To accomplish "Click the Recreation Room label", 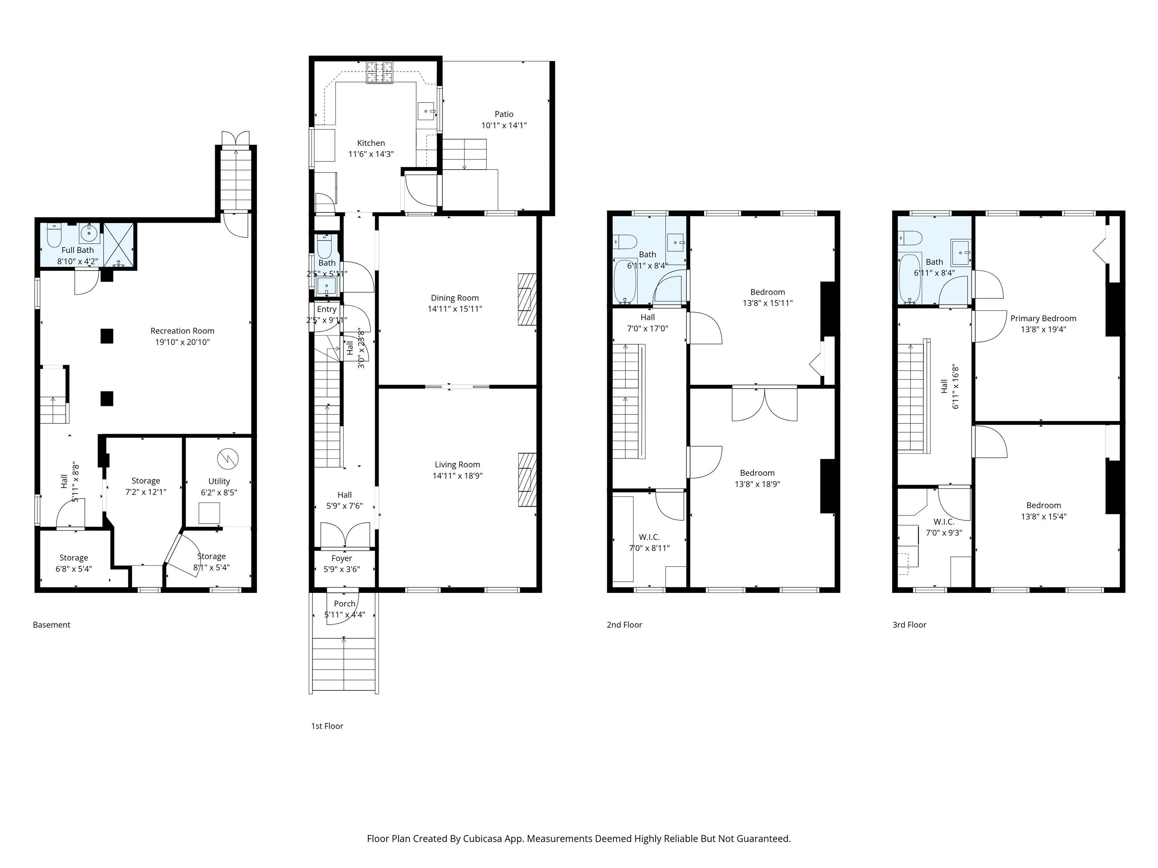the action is point(182,331).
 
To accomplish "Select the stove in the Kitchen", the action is point(380,72).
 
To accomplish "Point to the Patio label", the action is point(504,114).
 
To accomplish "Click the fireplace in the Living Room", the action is point(527,479).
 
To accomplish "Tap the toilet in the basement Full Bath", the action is point(54,235).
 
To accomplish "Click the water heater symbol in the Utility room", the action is point(228,459).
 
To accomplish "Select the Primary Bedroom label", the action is point(1043,318).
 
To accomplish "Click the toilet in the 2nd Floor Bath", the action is point(625,242).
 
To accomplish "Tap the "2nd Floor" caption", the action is point(624,625).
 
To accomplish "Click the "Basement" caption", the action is point(51,625).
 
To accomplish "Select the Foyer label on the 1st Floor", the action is point(342,558).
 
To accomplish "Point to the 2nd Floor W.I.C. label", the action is point(649,537).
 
